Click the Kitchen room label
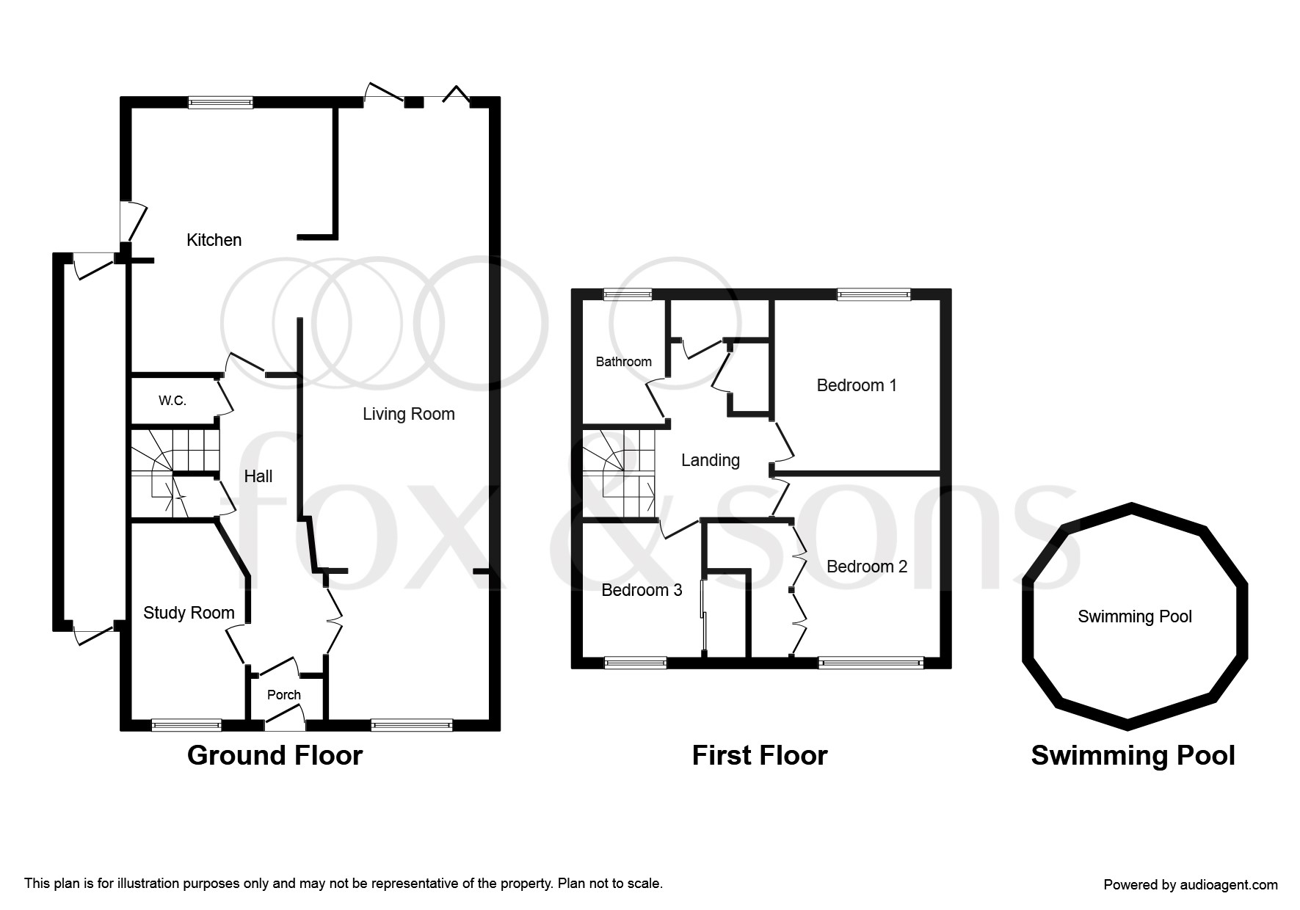214,240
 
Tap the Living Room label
409,414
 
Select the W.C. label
173,401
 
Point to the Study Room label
189,614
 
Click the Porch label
284,695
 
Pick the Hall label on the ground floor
258,476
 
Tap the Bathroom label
624,362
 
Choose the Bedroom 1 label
857,385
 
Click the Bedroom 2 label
867,567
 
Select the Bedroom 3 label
642,590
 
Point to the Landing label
711,460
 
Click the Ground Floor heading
275,756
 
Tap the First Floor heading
760,756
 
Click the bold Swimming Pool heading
1133,756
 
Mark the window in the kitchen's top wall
220,103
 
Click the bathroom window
628,294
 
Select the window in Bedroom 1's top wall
874,294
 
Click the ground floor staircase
175,473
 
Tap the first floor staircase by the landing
619,473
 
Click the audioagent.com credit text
1191,885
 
